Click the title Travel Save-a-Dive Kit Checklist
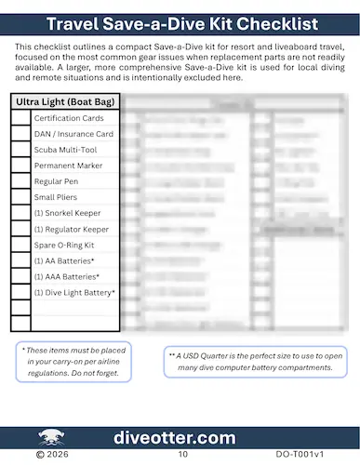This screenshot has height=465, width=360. [180, 22]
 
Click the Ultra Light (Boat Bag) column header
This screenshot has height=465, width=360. [65, 101]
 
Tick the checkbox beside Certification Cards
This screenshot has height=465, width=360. [20, 118]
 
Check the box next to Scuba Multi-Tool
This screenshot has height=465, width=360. [20, 150]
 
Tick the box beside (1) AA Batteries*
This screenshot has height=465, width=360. [20, 260]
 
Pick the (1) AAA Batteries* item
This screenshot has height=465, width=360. [66, 276]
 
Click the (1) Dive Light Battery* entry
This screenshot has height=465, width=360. [74, 292]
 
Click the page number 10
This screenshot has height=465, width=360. [182, 456]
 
